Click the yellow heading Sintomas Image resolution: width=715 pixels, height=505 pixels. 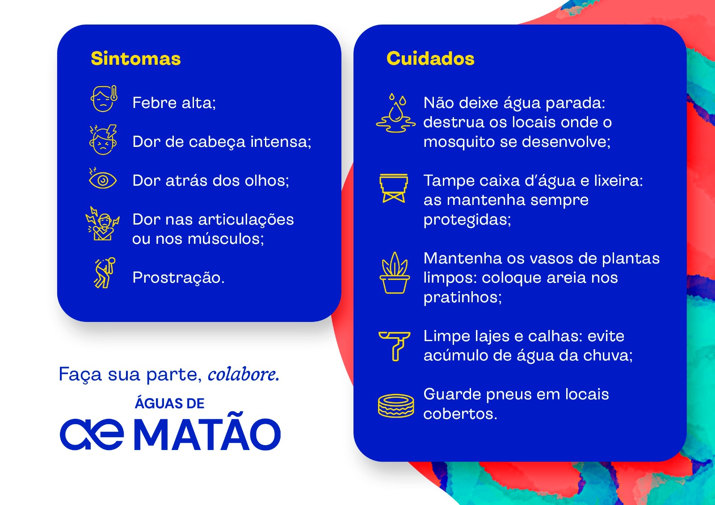coord(136,58)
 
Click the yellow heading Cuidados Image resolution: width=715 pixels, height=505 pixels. coord(430,58)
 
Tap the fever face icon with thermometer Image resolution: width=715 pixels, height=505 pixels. coord(104,99)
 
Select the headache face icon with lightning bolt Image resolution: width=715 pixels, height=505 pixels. coord(103,140)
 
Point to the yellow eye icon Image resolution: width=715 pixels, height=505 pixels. coord(102,179)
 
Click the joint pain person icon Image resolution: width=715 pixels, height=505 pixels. coord(102,224)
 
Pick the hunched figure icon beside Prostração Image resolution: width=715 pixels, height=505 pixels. coord(105,273)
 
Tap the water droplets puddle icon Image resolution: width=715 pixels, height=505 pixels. coord(396,113)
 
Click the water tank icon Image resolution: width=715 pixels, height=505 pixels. coord(394,188)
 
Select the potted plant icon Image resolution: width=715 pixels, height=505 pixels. coord(395,273)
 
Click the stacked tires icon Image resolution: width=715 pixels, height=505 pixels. coord(396,406)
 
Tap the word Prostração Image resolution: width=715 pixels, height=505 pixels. coord(178,278)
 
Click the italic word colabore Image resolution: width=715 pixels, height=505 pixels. coord(244,374)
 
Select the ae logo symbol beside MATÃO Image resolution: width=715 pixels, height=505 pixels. coord(92,434)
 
